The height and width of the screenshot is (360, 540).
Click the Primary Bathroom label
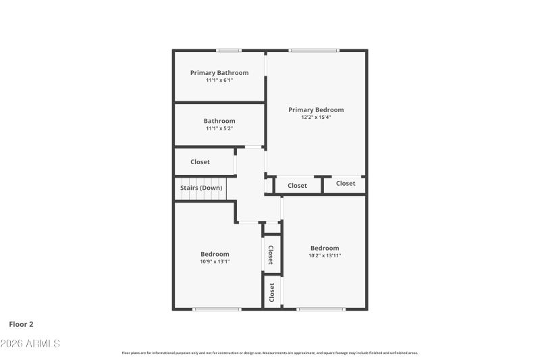(x=219, y=73)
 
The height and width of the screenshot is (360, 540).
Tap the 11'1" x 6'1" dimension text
(x=219, y=80)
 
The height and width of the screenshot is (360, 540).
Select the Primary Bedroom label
(x=316, y=110)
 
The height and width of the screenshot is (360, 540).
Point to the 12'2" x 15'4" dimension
(x=316, y=118)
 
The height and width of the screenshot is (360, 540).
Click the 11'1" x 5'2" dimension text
(x=219, y=128)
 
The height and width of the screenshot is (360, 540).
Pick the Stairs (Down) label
(x=201, y=188)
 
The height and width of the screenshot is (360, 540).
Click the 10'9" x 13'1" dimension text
(x=215, y=262)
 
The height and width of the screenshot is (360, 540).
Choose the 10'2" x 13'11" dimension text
(x=325, y=255)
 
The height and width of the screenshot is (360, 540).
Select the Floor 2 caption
(x=21, y=324)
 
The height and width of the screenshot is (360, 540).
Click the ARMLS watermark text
(x=30, y=344)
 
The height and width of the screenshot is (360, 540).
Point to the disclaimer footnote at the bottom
(x=270, y=353)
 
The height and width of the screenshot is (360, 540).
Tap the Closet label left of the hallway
(x=200, y=162)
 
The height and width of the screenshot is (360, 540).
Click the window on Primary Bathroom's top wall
(x=229, y=51)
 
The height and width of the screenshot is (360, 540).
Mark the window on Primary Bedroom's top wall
(x=313, y=51)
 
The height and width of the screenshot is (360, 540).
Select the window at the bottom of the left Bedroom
(x=217, y=309)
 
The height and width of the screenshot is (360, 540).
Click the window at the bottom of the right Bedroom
(x=321, y=309)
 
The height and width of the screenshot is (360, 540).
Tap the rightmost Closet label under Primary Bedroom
(x=346, y=184)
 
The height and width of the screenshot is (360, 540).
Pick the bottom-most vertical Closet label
(x=272, y=292)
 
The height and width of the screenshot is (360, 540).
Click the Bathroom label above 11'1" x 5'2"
(x=219, y=121)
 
